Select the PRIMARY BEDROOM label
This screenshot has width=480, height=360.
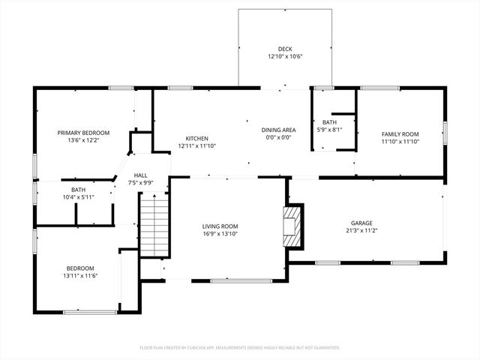click(x=83, y=133)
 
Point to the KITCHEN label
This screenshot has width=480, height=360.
click(x=197, y=138)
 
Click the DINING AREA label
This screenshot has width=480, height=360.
click(x=278, y=130)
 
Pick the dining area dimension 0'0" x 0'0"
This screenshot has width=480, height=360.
click(x=278, y=138)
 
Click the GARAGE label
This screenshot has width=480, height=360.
click(x=361, y=223)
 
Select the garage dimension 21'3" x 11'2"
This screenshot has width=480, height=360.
click(x=361, y=231)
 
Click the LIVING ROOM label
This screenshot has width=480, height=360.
click(x=220, y=226)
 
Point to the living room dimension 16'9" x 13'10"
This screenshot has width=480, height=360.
click(x=220, y=235)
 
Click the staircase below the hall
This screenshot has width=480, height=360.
click(x=151, y=220)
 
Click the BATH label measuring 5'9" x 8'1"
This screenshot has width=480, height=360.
click(x=330, y=121)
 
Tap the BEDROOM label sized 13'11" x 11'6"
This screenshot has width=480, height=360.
click(x=79, y=268)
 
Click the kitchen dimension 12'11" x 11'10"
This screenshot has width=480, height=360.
click(x=197, y=146)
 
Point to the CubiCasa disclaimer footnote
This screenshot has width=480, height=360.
click(x=240, y=347)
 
